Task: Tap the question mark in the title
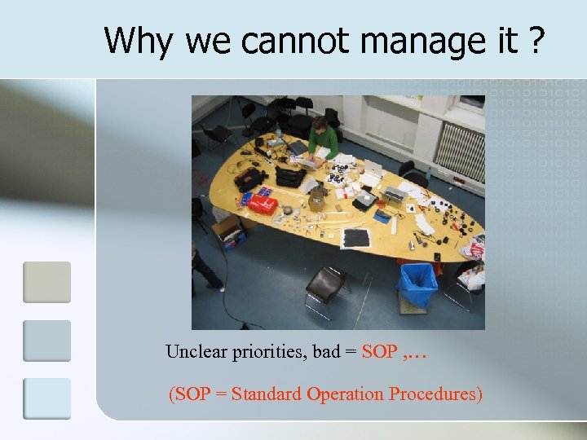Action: (536, 40)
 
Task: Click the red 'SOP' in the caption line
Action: (379, 352)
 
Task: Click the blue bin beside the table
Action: (417, 284)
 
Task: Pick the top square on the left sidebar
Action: (46, 282)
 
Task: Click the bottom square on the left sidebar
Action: (46, 398)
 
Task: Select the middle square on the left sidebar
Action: (46, 341)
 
